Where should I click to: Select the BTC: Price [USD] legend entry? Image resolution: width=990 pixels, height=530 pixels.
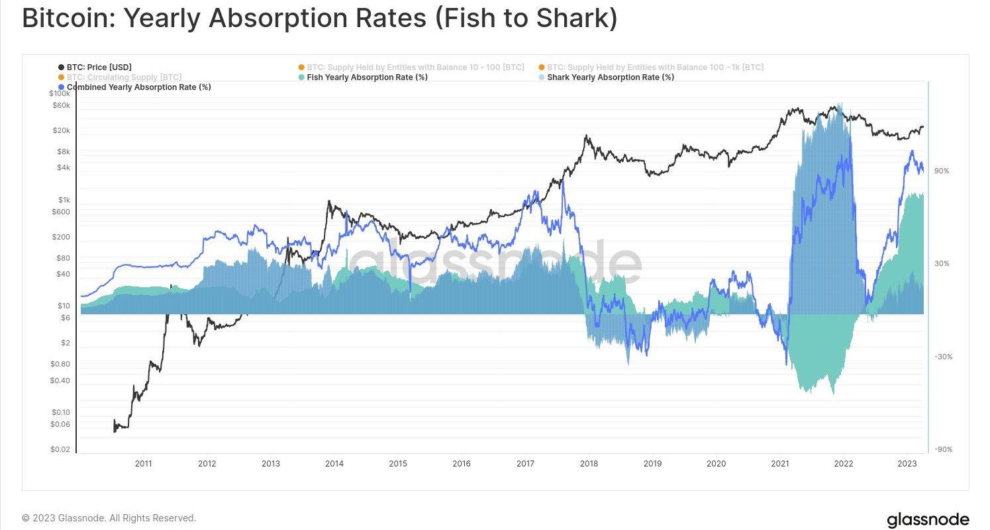tap(99, 67)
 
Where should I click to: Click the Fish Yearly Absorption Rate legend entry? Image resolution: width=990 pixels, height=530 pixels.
tap(367, 77)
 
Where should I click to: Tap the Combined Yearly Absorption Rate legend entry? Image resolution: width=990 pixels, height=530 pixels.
tap(138, 87)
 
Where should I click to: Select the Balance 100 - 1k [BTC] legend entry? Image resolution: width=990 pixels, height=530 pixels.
tap(655, 67)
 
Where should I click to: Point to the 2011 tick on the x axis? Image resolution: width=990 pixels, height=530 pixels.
tap(144, 464)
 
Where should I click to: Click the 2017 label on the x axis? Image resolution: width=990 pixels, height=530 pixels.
tap(525, 464)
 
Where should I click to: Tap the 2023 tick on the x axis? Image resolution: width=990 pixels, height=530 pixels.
tap(907, 464)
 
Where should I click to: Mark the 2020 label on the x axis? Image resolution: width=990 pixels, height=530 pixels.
tap(716, 464)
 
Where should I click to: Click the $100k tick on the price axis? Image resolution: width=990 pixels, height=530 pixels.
tap(60, 94)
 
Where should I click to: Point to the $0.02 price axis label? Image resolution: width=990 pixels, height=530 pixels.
tap(60, 450)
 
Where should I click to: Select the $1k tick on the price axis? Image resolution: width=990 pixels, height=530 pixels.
tap(64, 200)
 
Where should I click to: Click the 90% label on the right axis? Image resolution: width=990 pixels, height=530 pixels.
tap(941, 171)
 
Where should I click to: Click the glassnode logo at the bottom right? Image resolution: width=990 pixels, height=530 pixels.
tap(927, 519)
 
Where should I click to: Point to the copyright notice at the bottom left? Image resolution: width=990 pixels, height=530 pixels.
tap(109, 518)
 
